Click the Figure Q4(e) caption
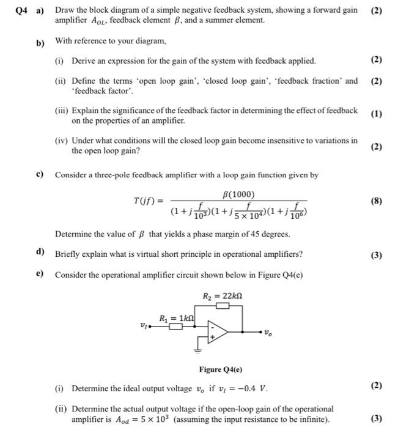220,369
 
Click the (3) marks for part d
376,254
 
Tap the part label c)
39,174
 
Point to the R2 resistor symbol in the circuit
223,304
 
